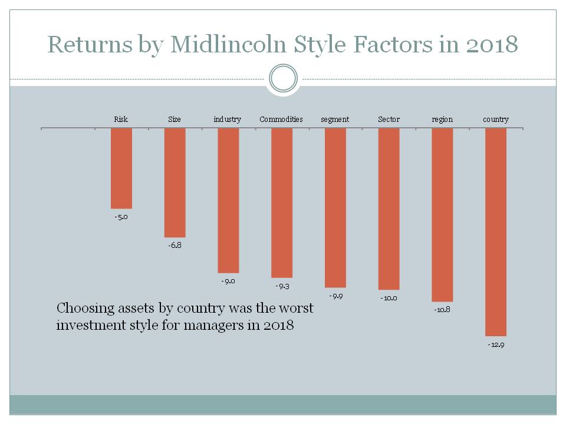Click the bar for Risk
[x=121, y=168]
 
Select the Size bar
[x=175, y=183]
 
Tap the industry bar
[x=228, y=200]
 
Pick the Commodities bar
[x=282, y=203]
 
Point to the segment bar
[x=335, y=207]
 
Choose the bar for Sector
[x=389, y=208]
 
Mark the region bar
[x=442, y=214]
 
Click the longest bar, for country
[x=496, y=232]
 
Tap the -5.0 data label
[x=121, y=217]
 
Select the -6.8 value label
[x=175, y=245]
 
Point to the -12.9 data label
[x=496, y=344]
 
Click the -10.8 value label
[x=442, y=310]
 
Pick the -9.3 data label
[x=282, y=286]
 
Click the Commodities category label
[x=281, y=120]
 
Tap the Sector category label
[x=389, y=120]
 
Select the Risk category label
[x=121, y=120]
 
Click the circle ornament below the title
[x=283, y=78]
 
